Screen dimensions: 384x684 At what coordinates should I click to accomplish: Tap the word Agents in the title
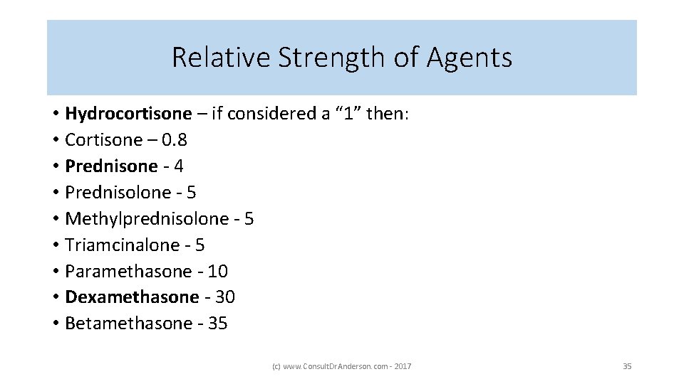click(x=470, y=58)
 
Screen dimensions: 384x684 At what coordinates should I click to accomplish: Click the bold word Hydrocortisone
click(x=128, y=114)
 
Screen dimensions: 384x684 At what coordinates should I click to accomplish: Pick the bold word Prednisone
click(x=111, y=166)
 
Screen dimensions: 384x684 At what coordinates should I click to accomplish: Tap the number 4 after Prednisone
click(x=179, y=166)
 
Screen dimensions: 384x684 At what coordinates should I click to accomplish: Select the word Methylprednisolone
click(x=148, y=219)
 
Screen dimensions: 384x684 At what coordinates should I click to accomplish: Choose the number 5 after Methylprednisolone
click(x=249, y=219)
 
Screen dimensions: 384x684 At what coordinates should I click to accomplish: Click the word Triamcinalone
click(x=123, y=245)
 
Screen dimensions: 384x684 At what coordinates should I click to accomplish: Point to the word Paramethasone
click(x=128, y=272)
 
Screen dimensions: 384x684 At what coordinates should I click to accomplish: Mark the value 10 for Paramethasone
click(x=218, y=272)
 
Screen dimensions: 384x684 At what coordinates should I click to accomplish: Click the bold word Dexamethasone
click(x=132, y=297)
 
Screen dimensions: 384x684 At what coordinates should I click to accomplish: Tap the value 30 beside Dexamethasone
click(x=225, y=297)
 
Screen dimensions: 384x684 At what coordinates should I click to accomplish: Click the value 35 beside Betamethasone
click(x=217, y=324)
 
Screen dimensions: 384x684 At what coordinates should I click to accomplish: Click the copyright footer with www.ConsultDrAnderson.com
click(x=341, y=366)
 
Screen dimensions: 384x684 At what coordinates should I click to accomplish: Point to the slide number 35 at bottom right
click(x=627, y=366)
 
